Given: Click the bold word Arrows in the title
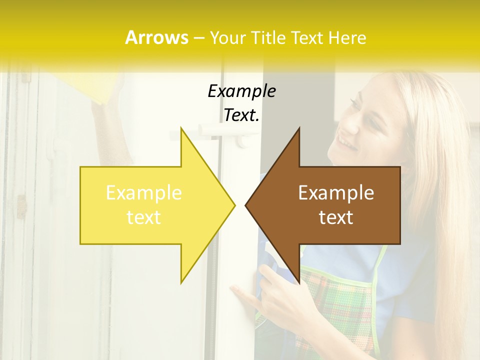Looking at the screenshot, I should click(x=156, y=37).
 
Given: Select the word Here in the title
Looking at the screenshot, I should click(x=348, y=38).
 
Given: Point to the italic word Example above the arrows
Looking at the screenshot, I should click(x=241, y=91).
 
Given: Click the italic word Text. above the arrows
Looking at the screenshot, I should click(x=241, y=115).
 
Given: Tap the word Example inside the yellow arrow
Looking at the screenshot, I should click(x=144, y=192).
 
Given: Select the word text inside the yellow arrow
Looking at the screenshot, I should click(x=144, y=217).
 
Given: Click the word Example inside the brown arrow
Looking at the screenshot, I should click(x=336, y=192).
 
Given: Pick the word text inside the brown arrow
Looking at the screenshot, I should click(x=336, y=217).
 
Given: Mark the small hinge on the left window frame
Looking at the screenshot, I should click(x=21, y=206).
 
